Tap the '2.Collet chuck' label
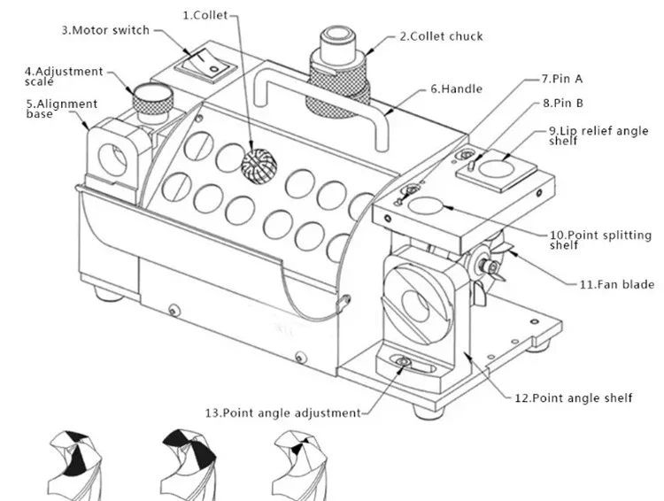[x=440, y=36]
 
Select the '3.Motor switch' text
[x=104, y=29]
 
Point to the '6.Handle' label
[x=455, y=89]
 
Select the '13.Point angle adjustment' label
[x=282, y=412]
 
